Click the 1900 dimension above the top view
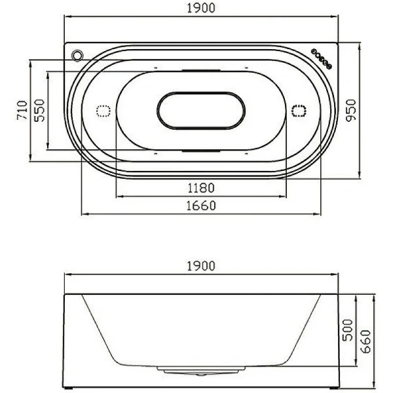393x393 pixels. (200, 8)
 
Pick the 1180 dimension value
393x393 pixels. (201, 188)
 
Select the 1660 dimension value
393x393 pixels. (201, 206)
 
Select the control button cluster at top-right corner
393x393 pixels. (320, 57)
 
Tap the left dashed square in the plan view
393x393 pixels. (103, 111)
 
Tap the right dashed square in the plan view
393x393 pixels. (299, 111)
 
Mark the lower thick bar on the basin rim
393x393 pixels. (201, 151)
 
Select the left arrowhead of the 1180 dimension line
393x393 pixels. (118, 195)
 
